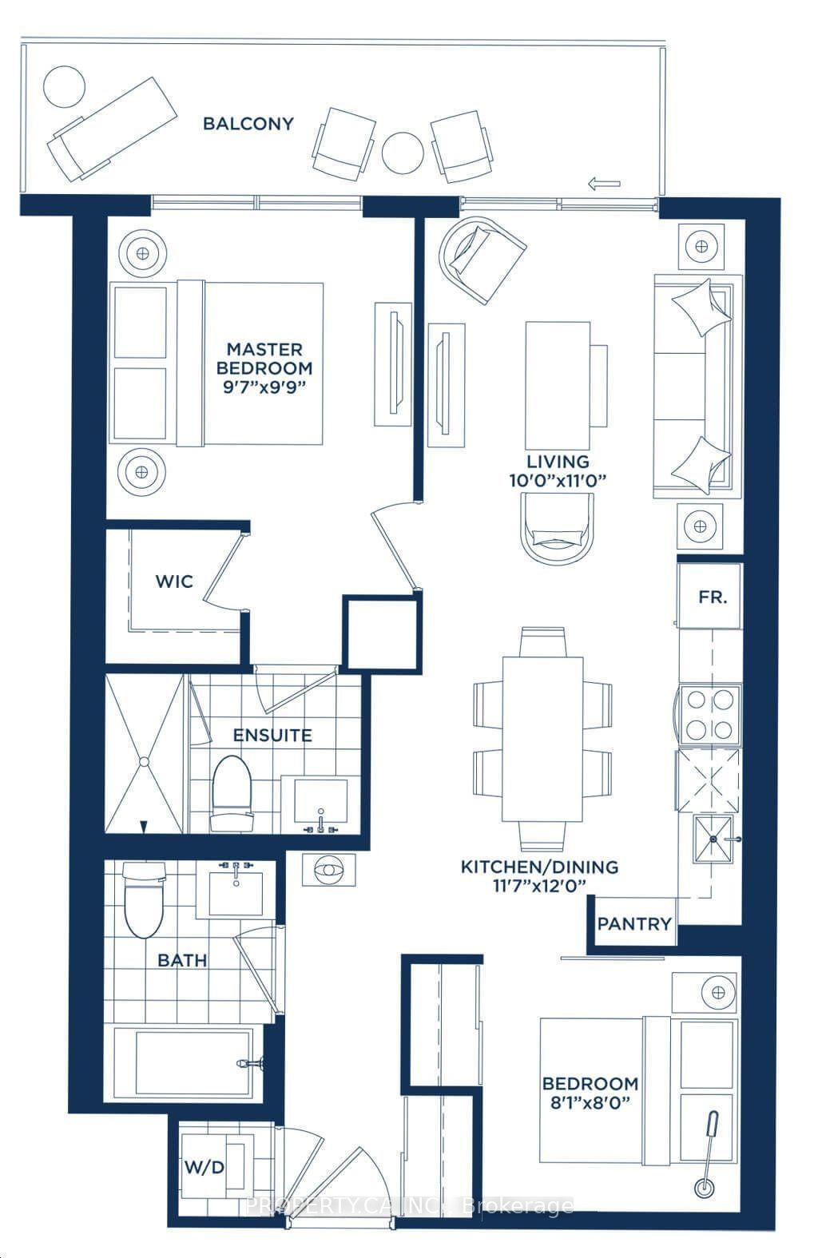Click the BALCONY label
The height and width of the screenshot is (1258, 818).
248,124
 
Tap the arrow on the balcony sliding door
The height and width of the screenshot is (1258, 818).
604,183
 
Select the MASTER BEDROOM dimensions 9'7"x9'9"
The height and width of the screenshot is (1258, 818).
264,388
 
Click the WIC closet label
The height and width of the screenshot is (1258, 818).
175,581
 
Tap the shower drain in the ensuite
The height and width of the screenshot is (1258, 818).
144,761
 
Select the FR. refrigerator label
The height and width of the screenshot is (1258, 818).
713,597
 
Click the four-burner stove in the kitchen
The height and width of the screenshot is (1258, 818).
710,714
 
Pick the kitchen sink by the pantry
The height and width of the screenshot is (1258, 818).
713,839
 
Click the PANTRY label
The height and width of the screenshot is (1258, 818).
634,924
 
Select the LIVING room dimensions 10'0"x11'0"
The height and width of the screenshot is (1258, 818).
558,481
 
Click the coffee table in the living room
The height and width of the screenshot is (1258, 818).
558,385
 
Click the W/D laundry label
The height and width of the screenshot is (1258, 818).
204,1163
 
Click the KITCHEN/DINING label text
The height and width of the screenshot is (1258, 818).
539,867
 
